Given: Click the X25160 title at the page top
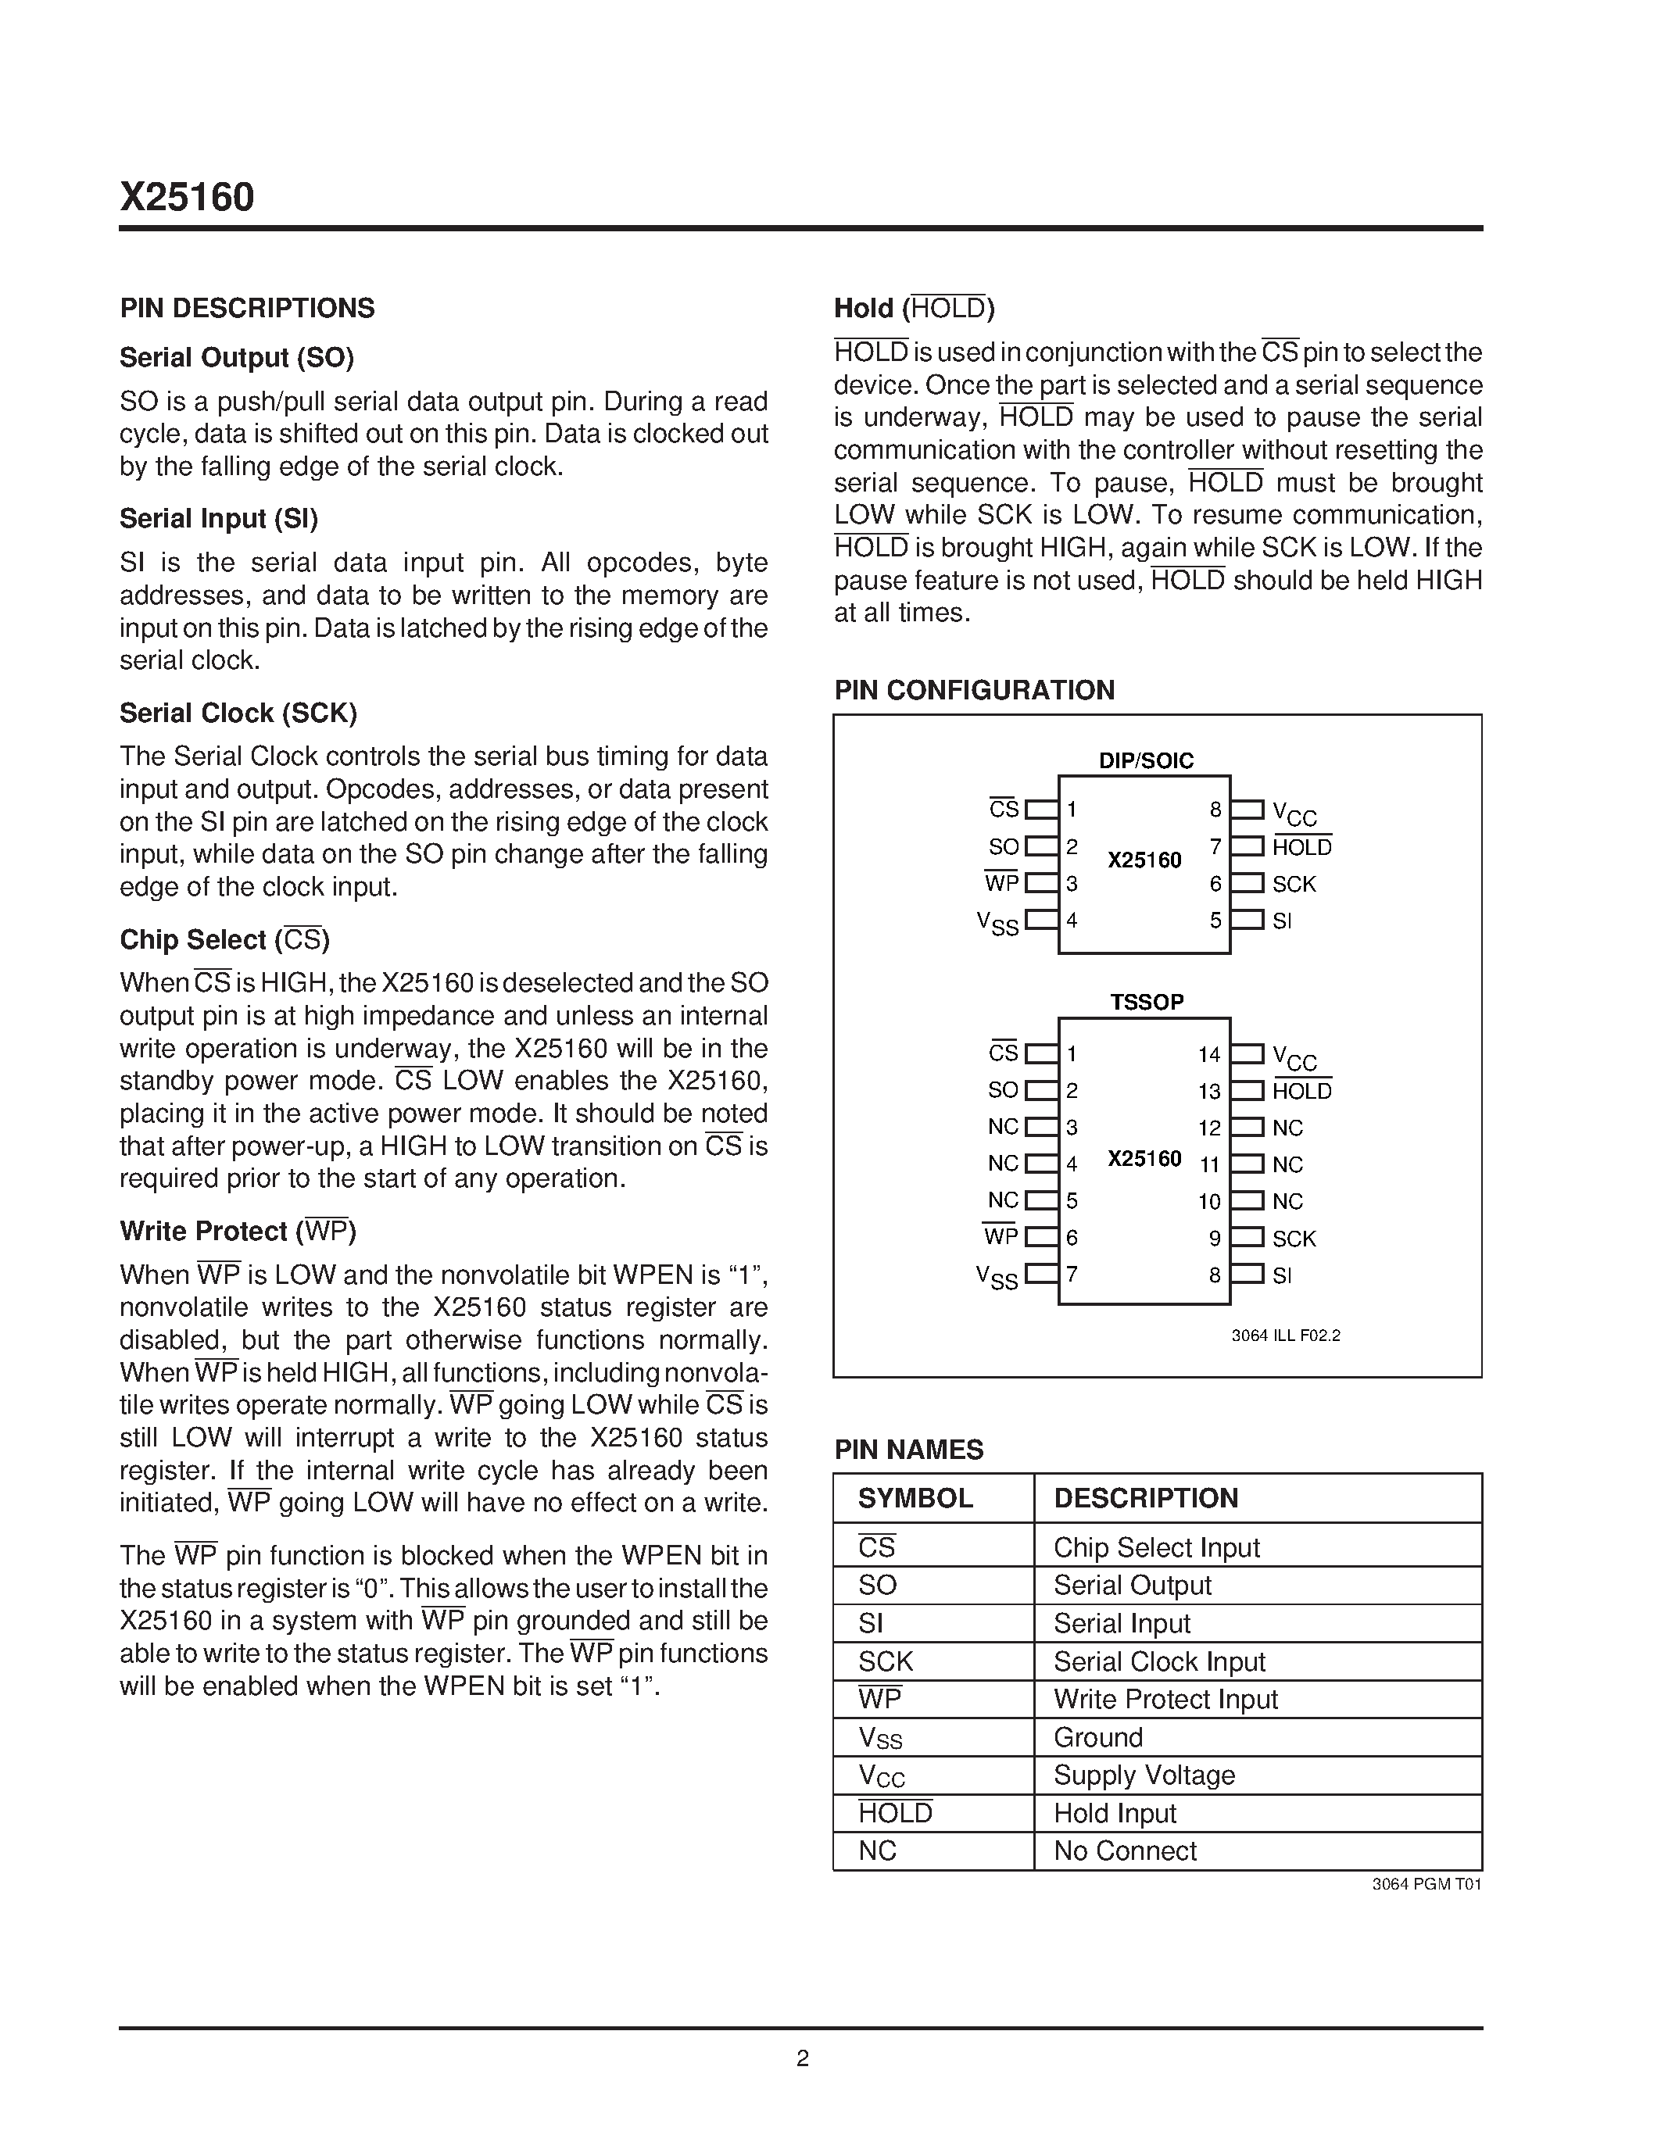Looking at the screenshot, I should click(x=187, y=198).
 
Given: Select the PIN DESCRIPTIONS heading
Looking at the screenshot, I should click(x=247, y=309).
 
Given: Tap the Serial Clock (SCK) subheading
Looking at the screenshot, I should click(x=238, y=713).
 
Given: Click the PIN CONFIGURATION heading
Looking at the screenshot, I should click(x=974, y=691).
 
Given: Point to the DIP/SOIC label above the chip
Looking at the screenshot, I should click(x=1145, y=760).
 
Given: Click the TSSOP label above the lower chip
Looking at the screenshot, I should click(x=1147, y=1003).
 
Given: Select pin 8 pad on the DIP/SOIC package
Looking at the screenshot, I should click(x=1248, y=810).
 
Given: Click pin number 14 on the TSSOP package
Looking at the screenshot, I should click(x=1209, y=1055).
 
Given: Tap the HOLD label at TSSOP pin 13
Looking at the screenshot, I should click(x=1302, y=1091).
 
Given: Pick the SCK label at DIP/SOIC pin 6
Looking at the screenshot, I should click(x=1293, y=885).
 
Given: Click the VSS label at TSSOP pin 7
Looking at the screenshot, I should click(x=997, y=1277).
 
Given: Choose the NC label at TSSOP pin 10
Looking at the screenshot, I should click(x=1287, y=1201).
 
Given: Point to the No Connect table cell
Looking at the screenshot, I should click(x=1125, y=1850).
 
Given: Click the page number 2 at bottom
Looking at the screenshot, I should click(x=803, y=2058).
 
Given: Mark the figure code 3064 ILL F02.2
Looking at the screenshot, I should click(x=1285, y=1336).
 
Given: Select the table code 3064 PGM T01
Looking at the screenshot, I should click(x=1426, y=1884).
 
